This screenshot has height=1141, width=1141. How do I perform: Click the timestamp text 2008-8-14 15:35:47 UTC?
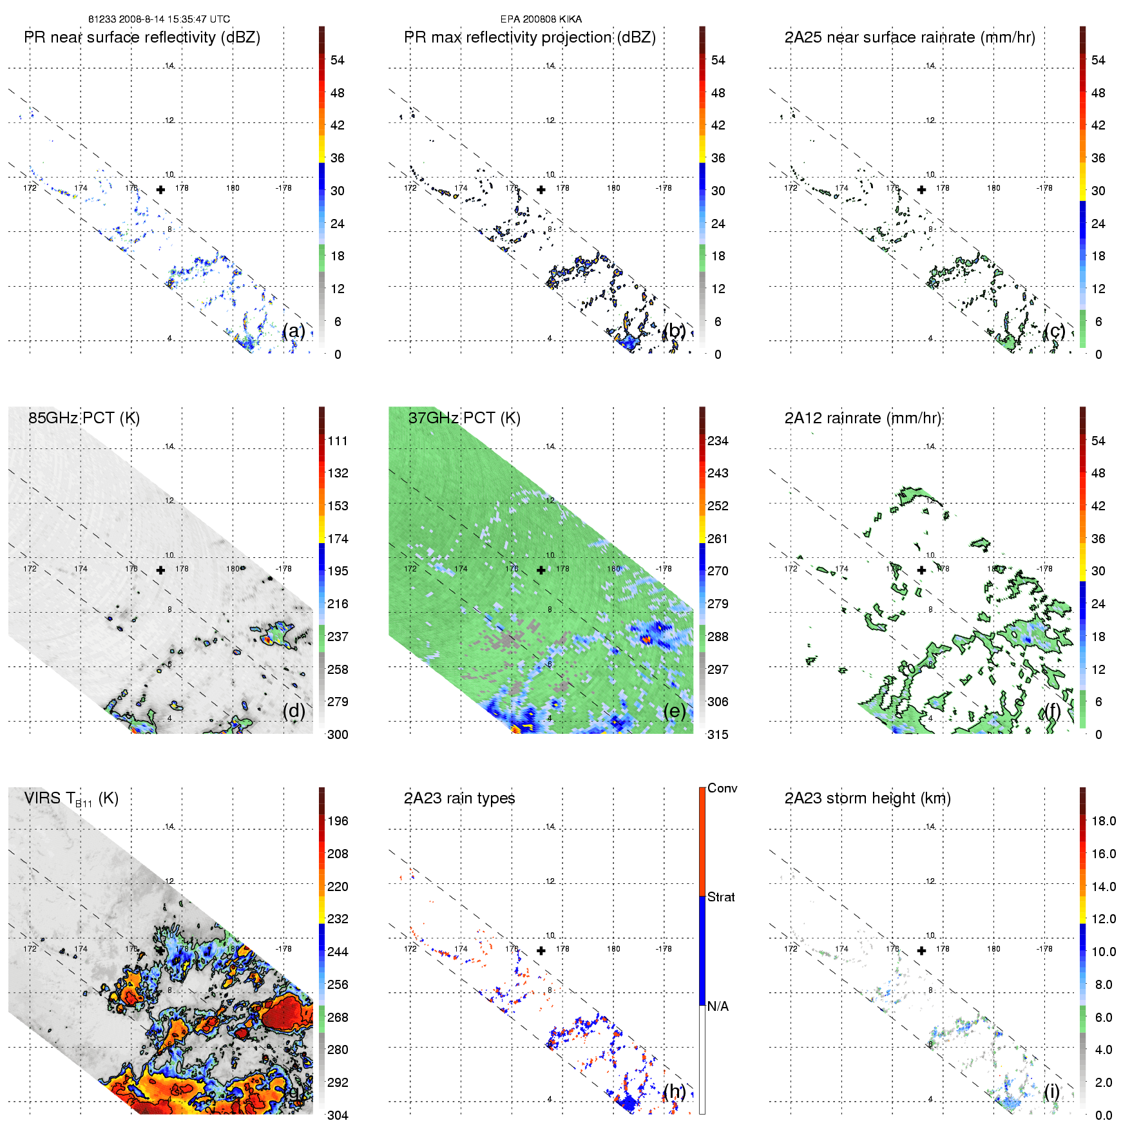174,19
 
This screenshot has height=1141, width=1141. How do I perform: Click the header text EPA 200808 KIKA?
541,19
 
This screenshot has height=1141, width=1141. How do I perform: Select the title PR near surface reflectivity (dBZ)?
142,37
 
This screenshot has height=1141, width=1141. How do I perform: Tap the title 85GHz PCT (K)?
84,418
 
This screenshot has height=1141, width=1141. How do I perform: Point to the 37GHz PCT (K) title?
464,418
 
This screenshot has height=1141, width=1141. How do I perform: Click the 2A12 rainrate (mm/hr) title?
863,418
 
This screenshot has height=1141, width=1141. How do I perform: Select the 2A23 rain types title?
459,798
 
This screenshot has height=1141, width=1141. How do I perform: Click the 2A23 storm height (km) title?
867,798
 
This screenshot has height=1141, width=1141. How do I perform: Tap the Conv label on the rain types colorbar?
722,788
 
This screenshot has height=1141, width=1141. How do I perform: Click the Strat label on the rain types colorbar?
721,897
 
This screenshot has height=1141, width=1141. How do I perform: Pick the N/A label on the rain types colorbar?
718,1006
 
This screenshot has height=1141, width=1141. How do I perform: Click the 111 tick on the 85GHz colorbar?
338,441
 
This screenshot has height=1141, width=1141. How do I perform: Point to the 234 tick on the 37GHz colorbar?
718,441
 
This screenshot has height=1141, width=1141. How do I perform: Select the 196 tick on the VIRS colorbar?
338,821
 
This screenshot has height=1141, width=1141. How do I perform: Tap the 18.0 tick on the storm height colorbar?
1103,821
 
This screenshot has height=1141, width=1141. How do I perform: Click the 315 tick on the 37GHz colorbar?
718,734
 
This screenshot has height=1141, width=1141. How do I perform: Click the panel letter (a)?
293,331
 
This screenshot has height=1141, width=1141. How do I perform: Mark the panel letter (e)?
674,711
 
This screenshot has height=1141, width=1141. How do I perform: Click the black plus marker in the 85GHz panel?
160,570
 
